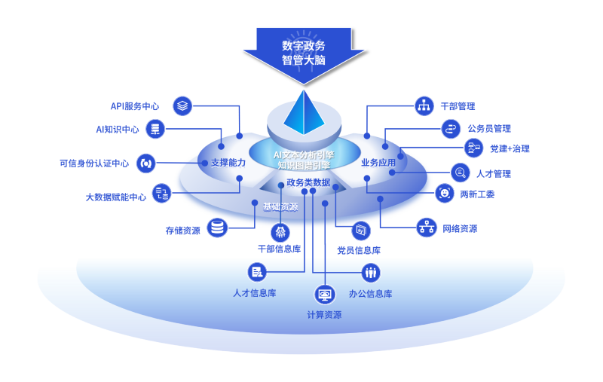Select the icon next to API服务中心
click(182, 105)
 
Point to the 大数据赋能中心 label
click(116, 197)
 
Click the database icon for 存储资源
click(218, 227)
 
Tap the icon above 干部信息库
click(280, 231)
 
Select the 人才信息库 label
click(254, 293)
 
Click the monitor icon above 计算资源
click(324, 294)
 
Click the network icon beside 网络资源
click(427, 226)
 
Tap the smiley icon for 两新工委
click(445, 194)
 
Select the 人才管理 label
click(494, 174)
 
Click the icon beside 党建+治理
click(474, 148)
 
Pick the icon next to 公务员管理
click(451, 128)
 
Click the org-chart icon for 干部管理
click(424, 105)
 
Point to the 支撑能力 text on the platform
click(228, 162)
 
